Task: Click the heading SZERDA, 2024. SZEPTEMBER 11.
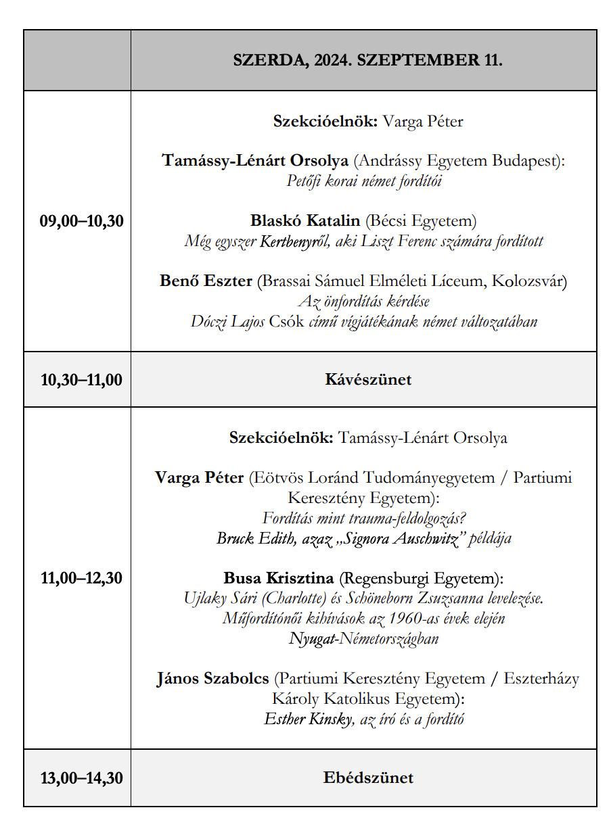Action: tap(367, 59)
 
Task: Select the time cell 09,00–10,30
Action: tap(82, 221)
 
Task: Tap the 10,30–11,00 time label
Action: tap(82, 380)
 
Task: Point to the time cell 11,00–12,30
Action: tap(82, 578)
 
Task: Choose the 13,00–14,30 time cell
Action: tap(82, 778)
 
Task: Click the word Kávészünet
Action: tap(368, 379)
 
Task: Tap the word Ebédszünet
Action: tap(368, 778)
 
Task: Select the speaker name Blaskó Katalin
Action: tap(304, 220)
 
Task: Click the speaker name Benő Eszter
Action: tap(206, 281)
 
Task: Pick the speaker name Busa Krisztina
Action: tap(278, 578)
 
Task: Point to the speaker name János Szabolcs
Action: tap(212, 678)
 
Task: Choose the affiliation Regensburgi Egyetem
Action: tap(420, 578)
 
